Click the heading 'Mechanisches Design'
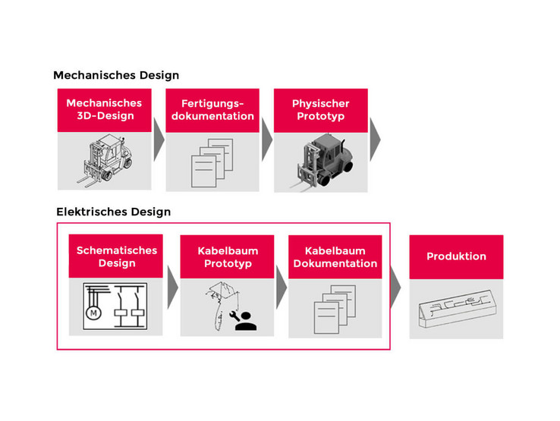tap(116, 75)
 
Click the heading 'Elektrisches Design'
tap(114, 212)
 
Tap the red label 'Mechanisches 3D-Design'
tap(104, 110)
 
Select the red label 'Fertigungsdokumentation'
tap(212, 111)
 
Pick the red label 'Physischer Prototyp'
tap(321, 111)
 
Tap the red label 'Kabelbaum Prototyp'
tap(227, 256)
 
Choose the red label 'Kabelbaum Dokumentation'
tap(335, 257)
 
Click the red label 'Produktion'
tap(456, 257)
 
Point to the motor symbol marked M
tap(93, 313)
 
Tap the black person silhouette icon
tap(246, 322)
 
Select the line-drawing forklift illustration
tap(105, 161)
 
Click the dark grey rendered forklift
tap(323, 160)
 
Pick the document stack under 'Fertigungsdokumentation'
tap(212, 163)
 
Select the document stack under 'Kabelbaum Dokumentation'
tap(335, 309)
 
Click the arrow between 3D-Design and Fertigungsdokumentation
tap(159, 140)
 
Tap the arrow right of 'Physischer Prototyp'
tap(375, 140)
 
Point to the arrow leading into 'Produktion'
tap(395, 287)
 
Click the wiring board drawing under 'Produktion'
tap(458, 309)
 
